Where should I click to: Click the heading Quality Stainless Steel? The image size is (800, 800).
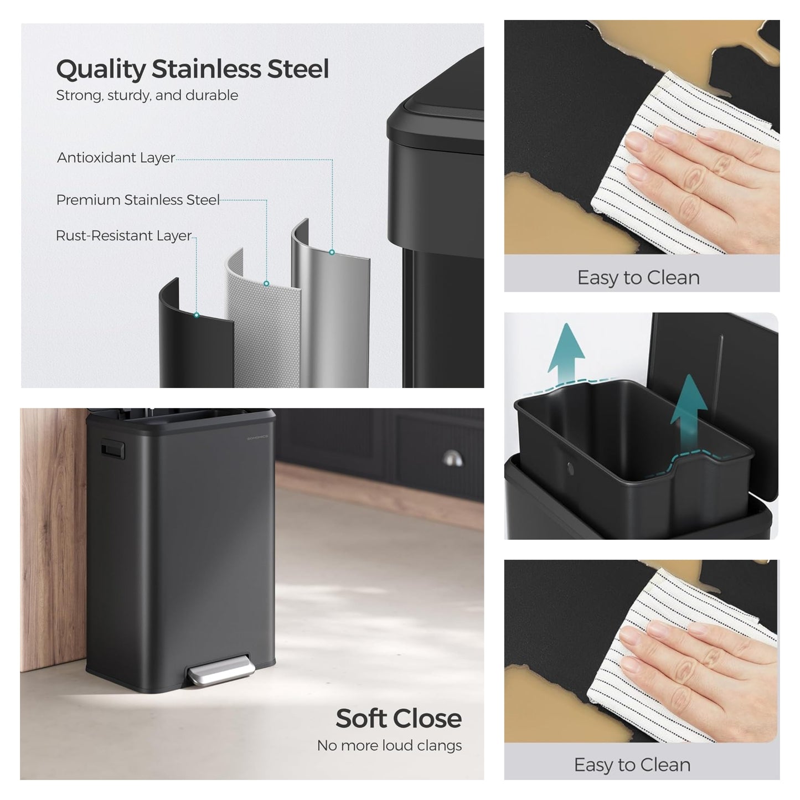click(193, 69)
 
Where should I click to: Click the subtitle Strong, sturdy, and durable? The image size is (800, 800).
click(147, 95)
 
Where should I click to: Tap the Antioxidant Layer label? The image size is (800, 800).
click(116, 158)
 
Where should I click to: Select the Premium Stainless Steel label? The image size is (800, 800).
click(138, 200)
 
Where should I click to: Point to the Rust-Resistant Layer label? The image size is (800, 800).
click(123, 236)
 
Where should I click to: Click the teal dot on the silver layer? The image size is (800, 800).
click(332, 252)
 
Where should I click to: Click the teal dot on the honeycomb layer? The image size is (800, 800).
click(266, 283)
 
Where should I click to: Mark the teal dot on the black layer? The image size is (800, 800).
click(197, 315)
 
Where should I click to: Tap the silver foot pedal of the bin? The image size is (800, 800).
click(221, 669)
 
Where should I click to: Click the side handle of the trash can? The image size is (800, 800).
click(112, 450)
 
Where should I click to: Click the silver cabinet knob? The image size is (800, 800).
click(452, 458)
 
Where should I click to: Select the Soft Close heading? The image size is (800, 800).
click(399, 718)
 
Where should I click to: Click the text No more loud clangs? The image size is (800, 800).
click(389, 746)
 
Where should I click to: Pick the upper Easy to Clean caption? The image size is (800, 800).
click(638, 278)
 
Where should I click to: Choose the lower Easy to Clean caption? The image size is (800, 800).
click(632, 765)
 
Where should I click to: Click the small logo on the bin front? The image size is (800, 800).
click(257, 437)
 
